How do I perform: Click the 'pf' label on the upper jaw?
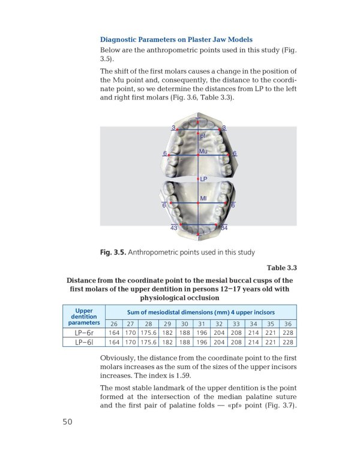click(204, 137)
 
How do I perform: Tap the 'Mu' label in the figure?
click(203, 151)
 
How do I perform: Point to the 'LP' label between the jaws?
click(203, 179)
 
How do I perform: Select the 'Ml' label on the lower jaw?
click(203, 197)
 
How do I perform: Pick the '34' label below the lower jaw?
click(224, 228)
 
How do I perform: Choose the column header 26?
click(113, 324)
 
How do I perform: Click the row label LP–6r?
click(84, 333)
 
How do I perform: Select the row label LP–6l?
click(84, 343)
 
